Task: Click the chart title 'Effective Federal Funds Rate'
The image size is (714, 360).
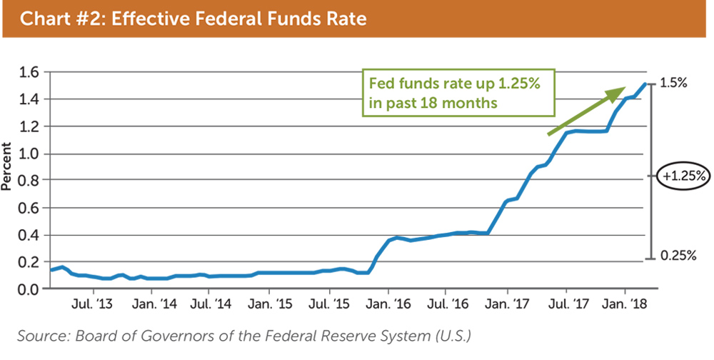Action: (x=193, y=19)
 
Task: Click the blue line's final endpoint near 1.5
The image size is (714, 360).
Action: (x=645, y=84)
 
